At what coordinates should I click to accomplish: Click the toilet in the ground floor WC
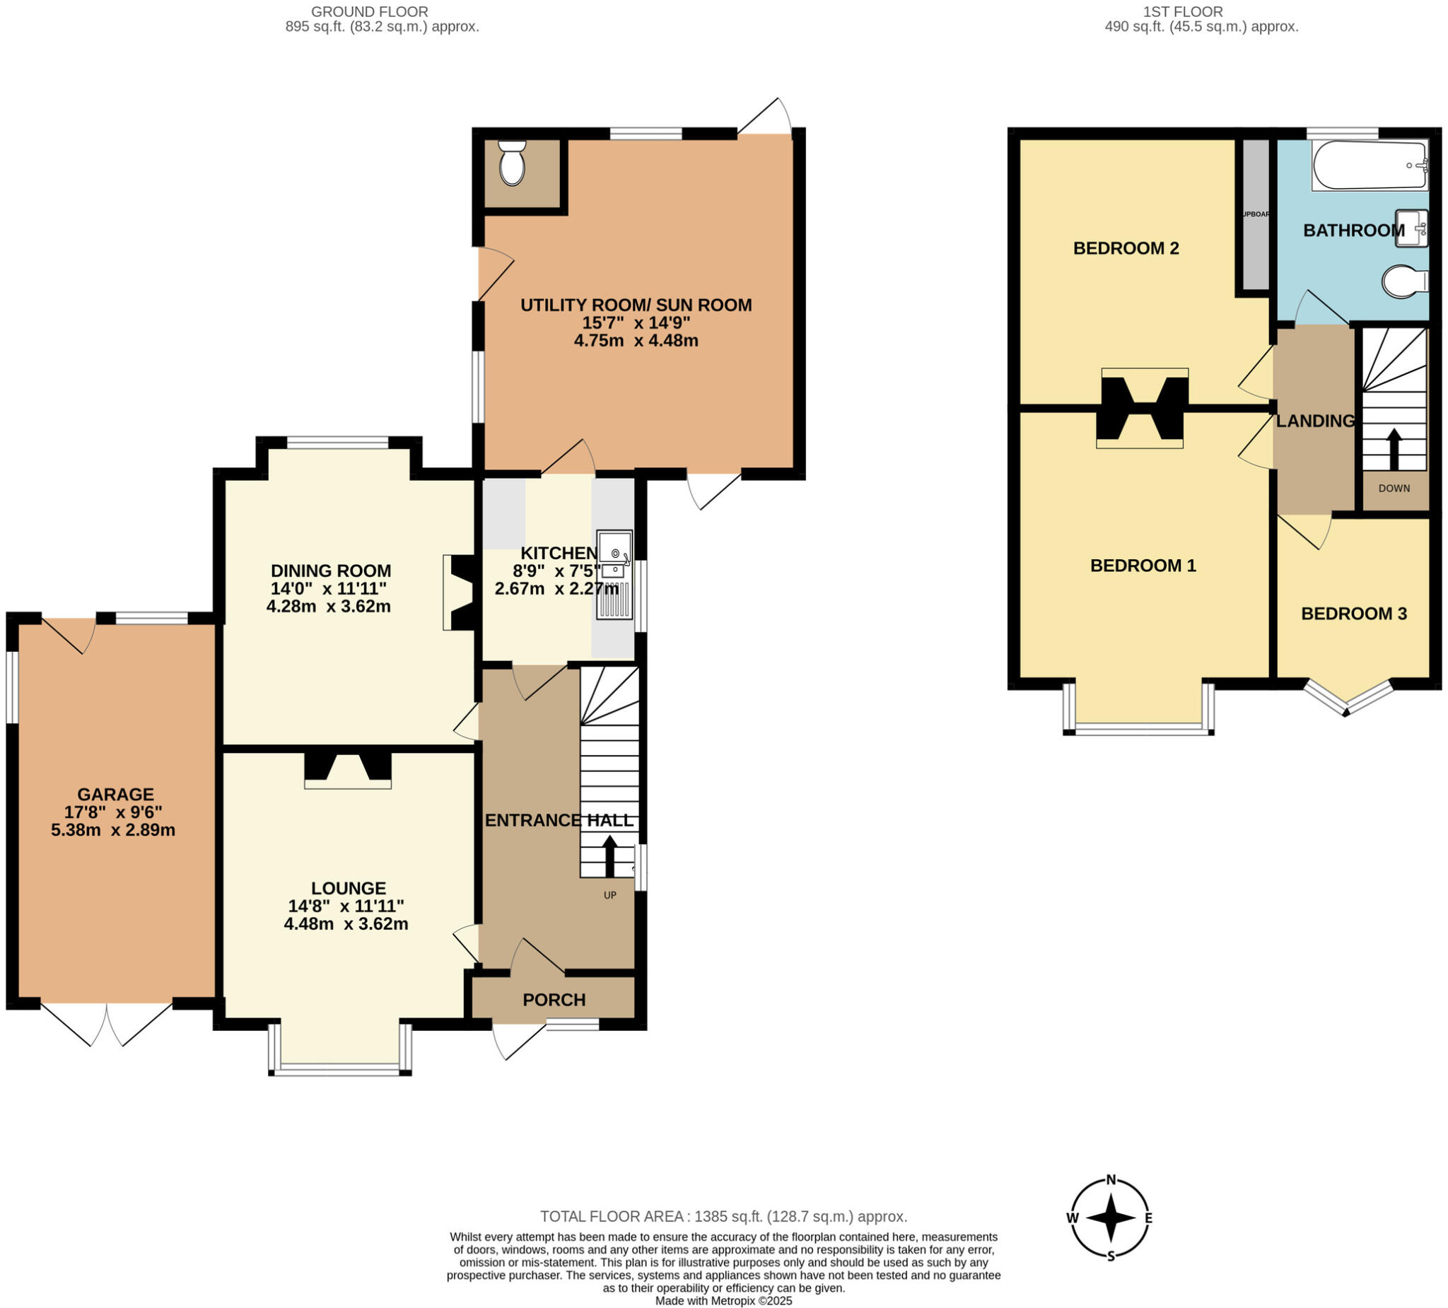(x=512, y=163)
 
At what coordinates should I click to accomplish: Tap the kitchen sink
(x=614, y=575)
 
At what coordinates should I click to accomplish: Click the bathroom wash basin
(x=1410, y=228)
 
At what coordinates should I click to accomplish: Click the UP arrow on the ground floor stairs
(x=609, y=855)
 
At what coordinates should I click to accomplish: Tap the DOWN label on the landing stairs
(x=1394, y=489)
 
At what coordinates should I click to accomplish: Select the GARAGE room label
(x=116, y=795)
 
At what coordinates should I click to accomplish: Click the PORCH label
(x=554, y=1000)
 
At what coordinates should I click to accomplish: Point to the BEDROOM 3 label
(x=1353, y=614)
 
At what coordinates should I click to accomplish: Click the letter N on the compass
(x=1111, y=1179)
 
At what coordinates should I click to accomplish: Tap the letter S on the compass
(x=1111, y=1257)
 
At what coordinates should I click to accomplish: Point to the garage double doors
(x=106, y=1024)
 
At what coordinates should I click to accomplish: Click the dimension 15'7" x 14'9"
(x=636, y=322)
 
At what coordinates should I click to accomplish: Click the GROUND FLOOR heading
(x=369, y=11)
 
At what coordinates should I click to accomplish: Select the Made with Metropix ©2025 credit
(x=723, y=1301)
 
